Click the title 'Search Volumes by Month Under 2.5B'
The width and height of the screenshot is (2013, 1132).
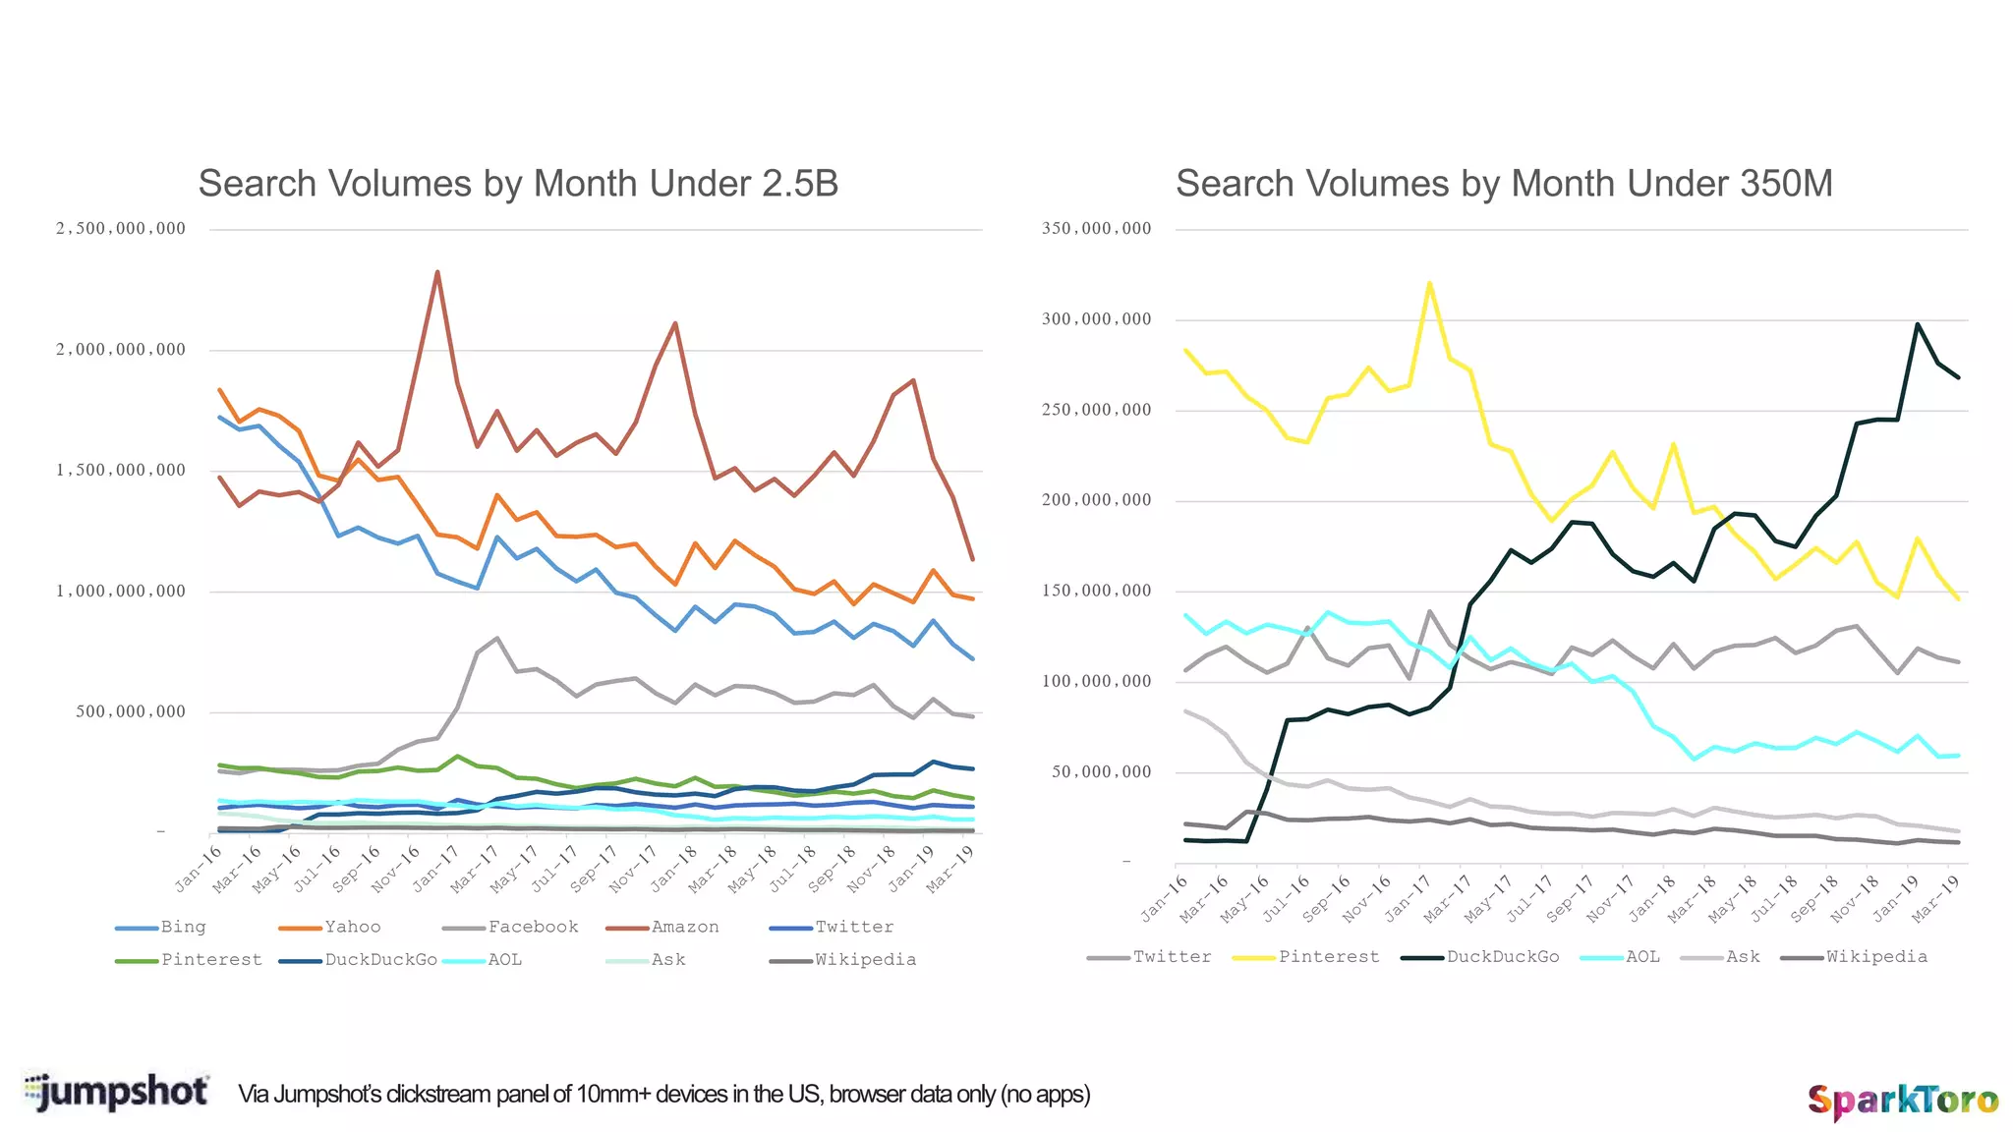point(518,184)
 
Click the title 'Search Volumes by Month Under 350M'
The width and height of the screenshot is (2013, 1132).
point(1504,184)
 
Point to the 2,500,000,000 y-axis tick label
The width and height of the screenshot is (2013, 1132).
point(121,229)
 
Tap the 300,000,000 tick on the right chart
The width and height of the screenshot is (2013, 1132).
point(1096,319)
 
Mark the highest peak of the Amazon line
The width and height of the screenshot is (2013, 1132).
point(437,272)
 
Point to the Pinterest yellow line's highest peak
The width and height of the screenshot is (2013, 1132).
point(1429,283)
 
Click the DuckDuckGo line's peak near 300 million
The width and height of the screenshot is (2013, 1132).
point(1918,323)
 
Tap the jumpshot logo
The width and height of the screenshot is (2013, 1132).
point(117,1092)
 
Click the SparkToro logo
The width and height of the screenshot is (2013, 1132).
point(1903,1101)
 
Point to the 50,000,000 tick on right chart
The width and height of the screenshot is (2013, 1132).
point(1101,772)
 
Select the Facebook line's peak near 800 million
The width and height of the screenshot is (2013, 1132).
point(497,638)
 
